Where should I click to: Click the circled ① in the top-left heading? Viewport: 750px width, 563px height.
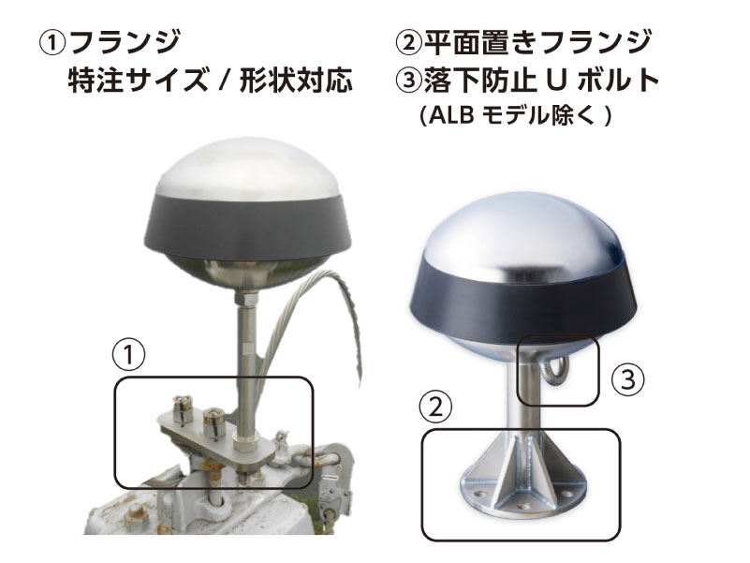(x=52, y=44)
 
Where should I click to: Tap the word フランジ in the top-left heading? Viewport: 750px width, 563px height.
(x=125, y=42)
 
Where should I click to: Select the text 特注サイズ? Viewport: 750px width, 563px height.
(x=139, y=80)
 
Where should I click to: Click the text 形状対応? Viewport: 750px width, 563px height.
(x=296, y=80)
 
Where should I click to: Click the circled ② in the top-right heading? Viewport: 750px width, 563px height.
(x=409, y=42)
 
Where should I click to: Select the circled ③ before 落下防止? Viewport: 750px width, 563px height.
(x=409, y=80)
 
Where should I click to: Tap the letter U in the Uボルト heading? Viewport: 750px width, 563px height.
(x=556, y=81)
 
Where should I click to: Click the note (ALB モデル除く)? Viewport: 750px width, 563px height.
(x=515, y=115)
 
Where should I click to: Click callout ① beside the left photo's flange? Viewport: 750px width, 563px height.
(x=128, y=356)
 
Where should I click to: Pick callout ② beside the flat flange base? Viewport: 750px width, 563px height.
(x=435, y=407)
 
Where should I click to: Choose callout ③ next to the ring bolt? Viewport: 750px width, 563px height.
(x=628, y=379)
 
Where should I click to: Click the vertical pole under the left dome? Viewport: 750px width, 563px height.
(x=246, y=363)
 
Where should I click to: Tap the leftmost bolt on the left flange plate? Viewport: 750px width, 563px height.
(x=182, y=410)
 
